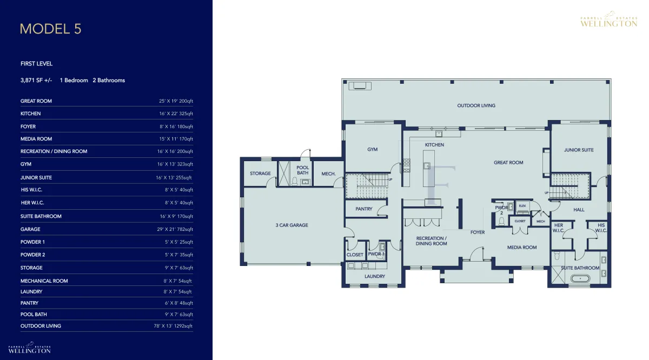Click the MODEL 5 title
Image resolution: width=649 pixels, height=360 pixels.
coord(51,29)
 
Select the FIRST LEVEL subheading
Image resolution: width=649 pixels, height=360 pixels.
coord(37,64)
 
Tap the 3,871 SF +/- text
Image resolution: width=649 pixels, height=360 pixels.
coord(36,81)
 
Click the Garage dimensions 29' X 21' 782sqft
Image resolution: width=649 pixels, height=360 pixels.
coord(175,229)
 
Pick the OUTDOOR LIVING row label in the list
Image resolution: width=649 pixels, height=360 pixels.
coord(41,326)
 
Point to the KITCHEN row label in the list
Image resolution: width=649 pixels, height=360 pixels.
coord(30,114)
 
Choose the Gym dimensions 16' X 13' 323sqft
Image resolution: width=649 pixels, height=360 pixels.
coord(175,164)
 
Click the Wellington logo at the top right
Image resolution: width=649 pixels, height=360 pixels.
coord(609,19)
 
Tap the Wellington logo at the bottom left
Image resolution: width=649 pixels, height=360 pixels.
coord(30,348)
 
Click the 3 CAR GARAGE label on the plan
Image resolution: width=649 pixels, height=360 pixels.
coord(292,225)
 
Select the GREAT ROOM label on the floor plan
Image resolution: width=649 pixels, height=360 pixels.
coord(508,163)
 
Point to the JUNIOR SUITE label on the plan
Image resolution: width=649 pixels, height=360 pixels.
coord(579,150)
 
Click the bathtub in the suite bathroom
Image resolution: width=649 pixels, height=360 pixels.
coord(580,279)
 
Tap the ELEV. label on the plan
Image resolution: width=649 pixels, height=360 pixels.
coord(522,206)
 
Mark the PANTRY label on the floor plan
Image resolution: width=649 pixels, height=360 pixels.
coord(364,209)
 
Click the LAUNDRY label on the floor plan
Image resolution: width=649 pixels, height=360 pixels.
coord(375,277)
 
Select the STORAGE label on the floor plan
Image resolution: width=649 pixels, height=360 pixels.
coord(260,174)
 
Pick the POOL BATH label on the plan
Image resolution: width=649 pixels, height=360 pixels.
coord(303,170)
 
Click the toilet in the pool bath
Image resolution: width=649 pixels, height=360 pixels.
coord(295,181)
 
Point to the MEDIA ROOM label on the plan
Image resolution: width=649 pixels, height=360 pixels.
coord(522,248)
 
